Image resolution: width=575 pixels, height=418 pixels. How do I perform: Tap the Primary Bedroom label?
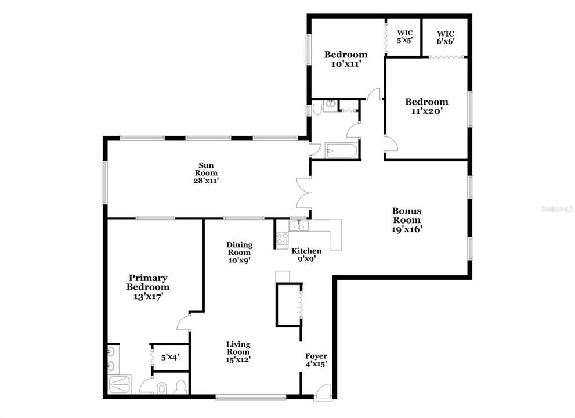[149, 287]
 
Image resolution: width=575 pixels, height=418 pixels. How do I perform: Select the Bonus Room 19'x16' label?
[407, 220]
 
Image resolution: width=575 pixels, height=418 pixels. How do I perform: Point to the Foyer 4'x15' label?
[316, 360]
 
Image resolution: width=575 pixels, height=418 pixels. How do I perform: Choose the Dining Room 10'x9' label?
[238, 253]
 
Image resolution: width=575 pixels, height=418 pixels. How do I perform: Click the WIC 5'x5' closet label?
[403, 37]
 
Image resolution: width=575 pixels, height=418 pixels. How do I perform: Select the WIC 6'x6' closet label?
[446, 37]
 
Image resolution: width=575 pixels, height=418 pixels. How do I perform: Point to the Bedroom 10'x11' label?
[346, 60]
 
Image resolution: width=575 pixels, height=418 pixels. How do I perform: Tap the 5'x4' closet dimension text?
[169, 358]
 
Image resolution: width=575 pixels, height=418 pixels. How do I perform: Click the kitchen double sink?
[299, 225]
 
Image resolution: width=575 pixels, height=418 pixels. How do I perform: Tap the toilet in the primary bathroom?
[180, 387]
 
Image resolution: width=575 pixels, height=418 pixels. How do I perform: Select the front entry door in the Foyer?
[324, 391]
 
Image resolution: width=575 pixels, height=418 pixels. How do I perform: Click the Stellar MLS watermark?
[558, 207]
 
